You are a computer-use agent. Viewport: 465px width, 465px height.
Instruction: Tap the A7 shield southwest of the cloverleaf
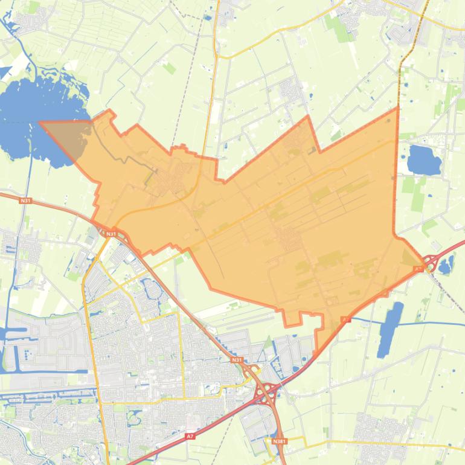point(190,435)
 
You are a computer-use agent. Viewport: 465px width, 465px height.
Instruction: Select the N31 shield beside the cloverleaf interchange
point(236,361)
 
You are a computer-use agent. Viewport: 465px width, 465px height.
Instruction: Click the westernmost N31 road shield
point(25,200)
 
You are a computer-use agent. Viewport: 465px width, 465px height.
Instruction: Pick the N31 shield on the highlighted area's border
point(111,234)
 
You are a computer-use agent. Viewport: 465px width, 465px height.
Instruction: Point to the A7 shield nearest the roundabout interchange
point(418,268)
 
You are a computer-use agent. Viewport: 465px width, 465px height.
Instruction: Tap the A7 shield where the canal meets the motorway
point(345,319)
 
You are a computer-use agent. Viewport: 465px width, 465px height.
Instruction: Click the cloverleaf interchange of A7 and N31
point(265,393)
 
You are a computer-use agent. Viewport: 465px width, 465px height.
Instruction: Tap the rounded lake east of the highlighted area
point(424,160)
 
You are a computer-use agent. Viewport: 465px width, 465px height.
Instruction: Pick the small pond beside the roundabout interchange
point(446,265)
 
